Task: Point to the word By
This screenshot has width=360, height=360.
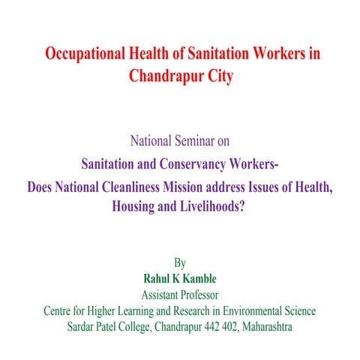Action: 179,263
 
